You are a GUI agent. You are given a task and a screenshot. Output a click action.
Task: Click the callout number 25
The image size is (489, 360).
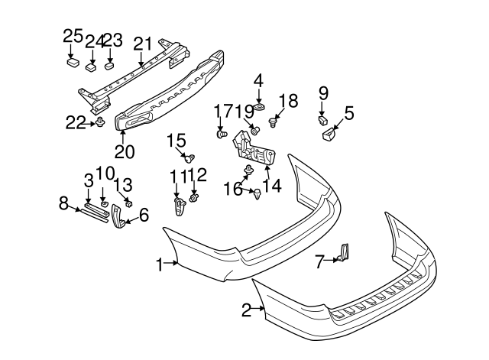pyautogui.click(x=73, y=37)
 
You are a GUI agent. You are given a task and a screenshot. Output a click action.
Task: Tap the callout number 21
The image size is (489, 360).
pyautogui.click(x=143, y=44)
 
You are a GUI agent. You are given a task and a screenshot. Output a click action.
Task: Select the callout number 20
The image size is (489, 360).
pyautogui.click(x=125, y=152)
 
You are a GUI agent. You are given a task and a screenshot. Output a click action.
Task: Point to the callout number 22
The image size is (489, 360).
pyautogui.click(x=75, y=122)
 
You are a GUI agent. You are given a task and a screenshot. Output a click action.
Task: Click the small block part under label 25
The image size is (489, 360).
pyautogui.click(x=73, y=62)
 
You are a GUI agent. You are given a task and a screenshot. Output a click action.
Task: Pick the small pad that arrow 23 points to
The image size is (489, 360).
pyautogui.click(x=109, y=66)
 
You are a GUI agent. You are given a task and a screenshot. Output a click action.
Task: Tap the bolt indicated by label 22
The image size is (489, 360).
pyautogui.click(x=100, y=122)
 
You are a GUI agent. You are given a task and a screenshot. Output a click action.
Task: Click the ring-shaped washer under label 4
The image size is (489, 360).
pyautogui.click(x=260, y=108)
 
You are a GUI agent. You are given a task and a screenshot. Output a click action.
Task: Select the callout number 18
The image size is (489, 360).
pyautogui.click(x=288, y=100)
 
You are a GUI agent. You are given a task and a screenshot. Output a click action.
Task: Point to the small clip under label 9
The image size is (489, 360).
pyautogui.click(x=322, y=121)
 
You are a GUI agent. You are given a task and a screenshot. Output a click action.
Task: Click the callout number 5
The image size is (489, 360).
pyautogui.click(x=349, y=113)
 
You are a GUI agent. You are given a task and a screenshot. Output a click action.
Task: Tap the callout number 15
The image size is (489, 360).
pyautogui.click(x=176, y=141)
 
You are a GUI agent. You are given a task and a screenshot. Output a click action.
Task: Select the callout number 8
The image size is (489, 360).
pyautogui.click(x=63, y=204)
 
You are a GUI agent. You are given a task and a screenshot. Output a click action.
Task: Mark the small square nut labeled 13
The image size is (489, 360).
pyautogui.click(x=129, y=203)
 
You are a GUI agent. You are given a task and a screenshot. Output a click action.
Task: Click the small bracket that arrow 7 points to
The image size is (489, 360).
pyautogui.click(x=344, y=252)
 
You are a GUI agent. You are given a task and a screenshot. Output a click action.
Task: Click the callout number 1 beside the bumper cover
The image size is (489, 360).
pyautogui.click(x=160, y=265)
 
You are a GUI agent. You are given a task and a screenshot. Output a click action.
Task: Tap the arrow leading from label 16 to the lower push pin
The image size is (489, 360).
pyautogui.click(x=248, y=190)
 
